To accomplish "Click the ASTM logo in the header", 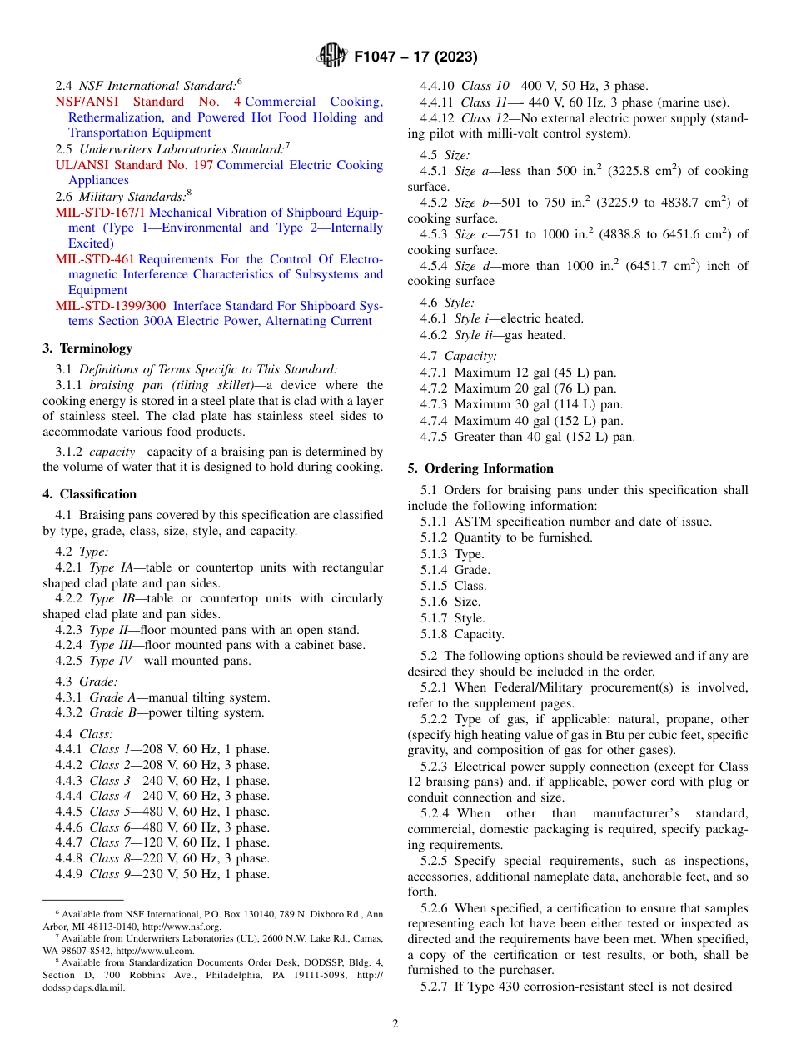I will pyautogui.click(x=333, y=57).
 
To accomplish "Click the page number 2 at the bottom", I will pyautogui.click(x=395, y=1023).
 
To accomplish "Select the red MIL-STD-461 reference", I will pyautogui.click(x=95, y=259).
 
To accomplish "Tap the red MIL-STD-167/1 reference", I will pyautogui.click(x=100, y=212).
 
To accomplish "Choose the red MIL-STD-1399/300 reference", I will pyautogui.click(x=110, y=306).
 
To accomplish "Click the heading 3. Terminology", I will pyautogui.click(x=87, y=348).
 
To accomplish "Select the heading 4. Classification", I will pyautogui.click(x=90, y=494).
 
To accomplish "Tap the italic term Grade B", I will pyautogui.click(x=112, y=713).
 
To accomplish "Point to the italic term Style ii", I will pyautogui.click(x=475, y=335).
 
